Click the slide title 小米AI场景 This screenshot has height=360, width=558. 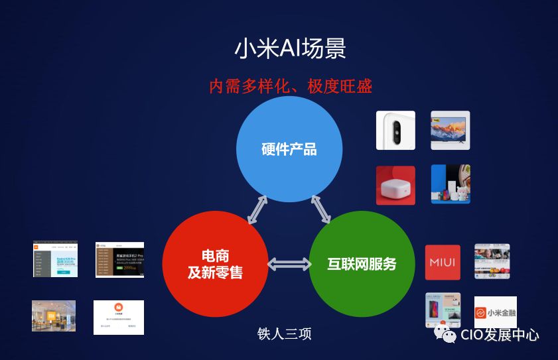coord(290,49)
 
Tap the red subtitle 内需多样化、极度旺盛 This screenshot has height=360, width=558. coord(290,86)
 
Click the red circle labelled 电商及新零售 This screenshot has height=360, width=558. coord(215,264)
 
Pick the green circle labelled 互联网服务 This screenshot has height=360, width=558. coord(362,264)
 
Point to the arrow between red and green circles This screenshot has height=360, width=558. coord(289,265)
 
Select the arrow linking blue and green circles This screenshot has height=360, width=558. coord(321,210)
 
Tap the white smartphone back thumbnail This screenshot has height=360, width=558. coord(395,131)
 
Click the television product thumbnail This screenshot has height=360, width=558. coord(450,130)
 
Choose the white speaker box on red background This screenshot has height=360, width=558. coord(395,185)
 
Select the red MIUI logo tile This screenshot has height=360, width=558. coord(443,263)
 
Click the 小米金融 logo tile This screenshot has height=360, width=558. coord(495,312)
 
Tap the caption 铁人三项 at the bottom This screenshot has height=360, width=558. coord(284,333)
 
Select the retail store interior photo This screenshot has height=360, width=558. coord(54,316)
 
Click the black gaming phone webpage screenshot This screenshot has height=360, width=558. coord(119,259)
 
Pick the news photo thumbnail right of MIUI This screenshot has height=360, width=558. coord(492,261)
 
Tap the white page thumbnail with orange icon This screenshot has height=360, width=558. coord(118,317)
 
